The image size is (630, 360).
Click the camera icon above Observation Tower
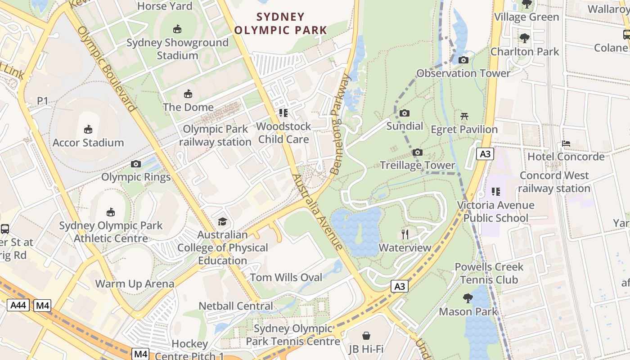[463, 60]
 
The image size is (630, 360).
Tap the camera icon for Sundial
[405, 113]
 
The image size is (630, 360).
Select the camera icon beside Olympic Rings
[135, 164]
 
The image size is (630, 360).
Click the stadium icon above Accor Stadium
[88, 130]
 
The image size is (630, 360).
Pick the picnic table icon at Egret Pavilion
[464, 117]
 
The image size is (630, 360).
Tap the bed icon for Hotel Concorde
[566, 144]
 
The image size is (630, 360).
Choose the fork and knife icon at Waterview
[405, 234]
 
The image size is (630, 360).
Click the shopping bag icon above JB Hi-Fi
[366, 336]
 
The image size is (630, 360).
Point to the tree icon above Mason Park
[468, 298]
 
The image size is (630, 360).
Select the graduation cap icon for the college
[222, 221]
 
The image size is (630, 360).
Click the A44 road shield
[18, 306]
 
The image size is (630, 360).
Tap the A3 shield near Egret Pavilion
[485, 154]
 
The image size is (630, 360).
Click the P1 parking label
[42, 101]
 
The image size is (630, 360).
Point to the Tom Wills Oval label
[286, 278]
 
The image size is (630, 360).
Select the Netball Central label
[236, 306]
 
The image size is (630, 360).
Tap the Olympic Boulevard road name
[106, 68]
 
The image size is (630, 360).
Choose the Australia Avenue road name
[317, 211]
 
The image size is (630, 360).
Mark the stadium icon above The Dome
[188, 94]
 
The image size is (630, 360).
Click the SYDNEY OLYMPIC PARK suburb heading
[281, 23]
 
